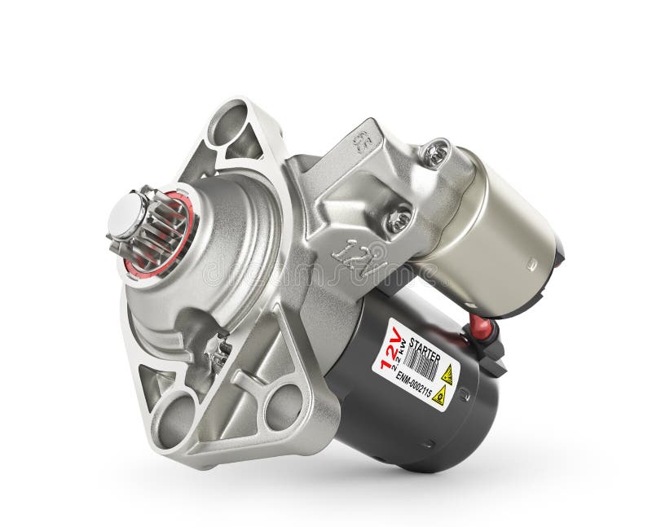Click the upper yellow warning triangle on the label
[x=447, y=374]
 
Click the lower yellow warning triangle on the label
[x=438, y=396]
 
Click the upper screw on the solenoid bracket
[x=434, y=153]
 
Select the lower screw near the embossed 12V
[x=398, y=218]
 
